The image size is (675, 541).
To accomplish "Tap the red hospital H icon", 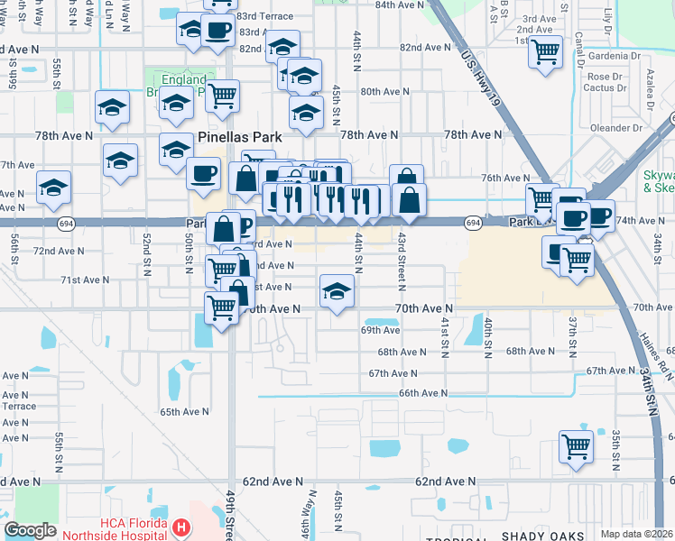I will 181,527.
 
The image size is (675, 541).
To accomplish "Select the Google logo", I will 30,530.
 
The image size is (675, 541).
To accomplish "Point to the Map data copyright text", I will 637,534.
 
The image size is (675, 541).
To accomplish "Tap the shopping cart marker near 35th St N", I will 576,445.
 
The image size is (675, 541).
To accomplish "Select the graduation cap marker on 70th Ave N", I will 337,291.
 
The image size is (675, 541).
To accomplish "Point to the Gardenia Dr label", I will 614,56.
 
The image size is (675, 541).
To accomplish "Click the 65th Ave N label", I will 184,411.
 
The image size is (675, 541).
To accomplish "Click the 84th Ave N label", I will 398,5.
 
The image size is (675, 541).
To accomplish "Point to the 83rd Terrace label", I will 264,17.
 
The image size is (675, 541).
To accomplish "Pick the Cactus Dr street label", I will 605,88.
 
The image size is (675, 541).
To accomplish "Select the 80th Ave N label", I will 385,92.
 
